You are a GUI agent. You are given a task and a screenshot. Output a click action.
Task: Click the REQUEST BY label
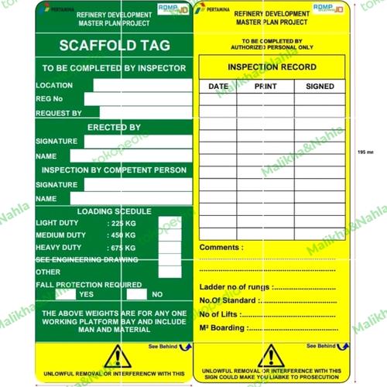pos(59,113)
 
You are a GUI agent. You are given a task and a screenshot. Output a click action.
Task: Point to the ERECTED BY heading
pos(113,127)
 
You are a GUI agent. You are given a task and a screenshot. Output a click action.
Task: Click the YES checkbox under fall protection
pos(67,294)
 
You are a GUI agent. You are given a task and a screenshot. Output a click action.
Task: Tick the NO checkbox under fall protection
pos(136,294)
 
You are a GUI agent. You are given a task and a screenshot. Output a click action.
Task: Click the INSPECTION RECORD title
pos(272,67)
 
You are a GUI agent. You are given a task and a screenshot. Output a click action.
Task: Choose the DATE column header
pos(218,87)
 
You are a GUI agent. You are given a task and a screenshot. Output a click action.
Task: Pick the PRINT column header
pos(265,87)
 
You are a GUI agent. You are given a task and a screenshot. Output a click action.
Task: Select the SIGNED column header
pos(319,87)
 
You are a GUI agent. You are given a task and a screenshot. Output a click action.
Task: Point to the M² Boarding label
pos(224,329)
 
